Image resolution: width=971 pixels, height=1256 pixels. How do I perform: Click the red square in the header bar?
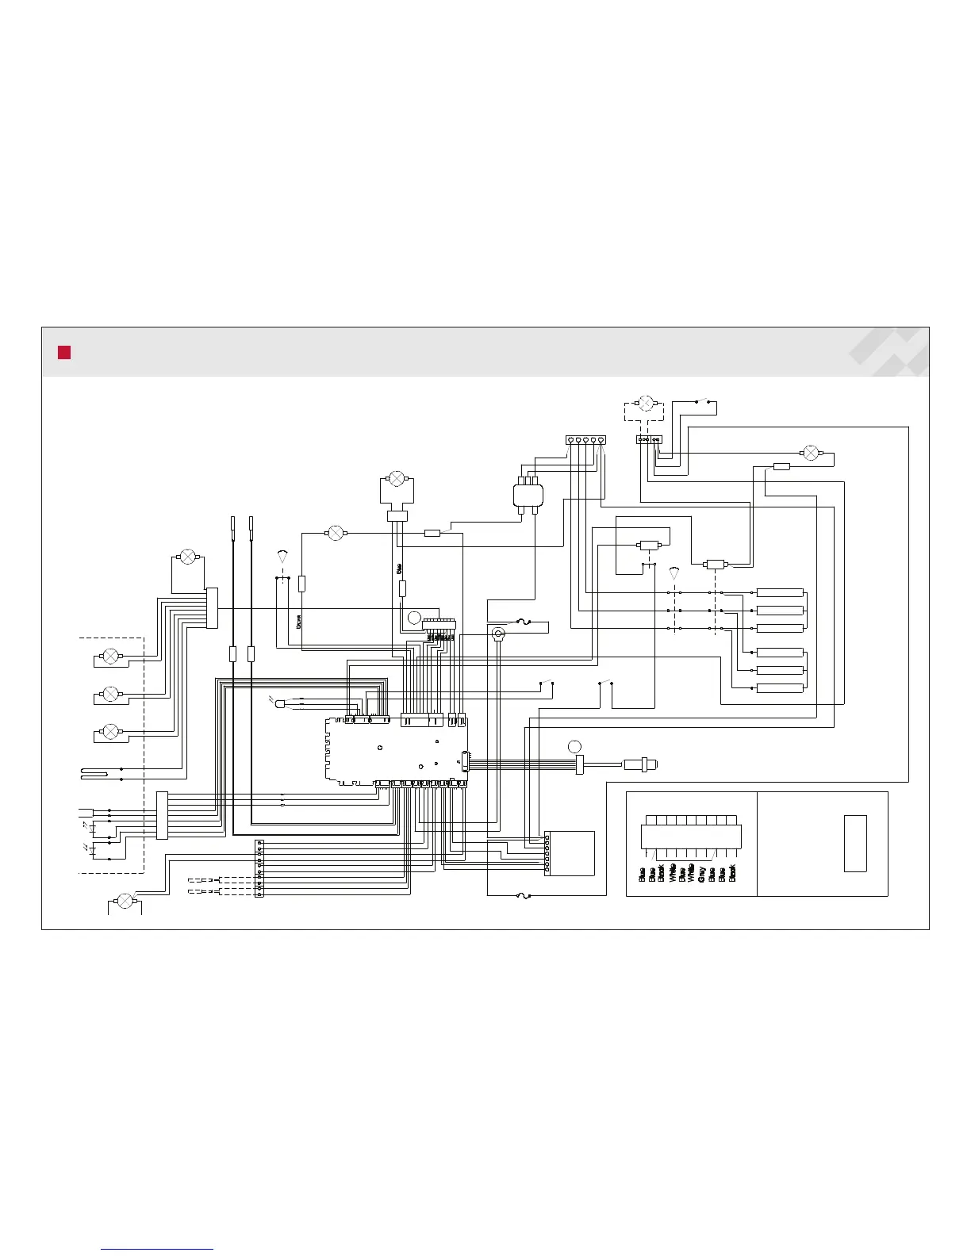pos(64,353)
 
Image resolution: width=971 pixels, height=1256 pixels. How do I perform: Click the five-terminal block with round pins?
pos(585,440)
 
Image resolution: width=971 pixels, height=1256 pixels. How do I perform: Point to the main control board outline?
pos(395,750)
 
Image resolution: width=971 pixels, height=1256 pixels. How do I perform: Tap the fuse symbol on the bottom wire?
pos(523,896)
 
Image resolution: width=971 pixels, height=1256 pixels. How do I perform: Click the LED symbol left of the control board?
pos(279,703)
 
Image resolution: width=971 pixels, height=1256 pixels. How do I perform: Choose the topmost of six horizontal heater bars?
pos(780,592)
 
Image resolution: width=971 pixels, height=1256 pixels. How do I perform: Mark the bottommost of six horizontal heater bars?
pos(780,688)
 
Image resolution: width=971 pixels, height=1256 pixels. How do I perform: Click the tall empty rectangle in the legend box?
pos(854,843)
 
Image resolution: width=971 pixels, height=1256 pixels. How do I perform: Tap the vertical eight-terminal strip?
pos(259,868)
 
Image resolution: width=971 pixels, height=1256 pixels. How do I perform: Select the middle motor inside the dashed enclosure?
pos(111,694)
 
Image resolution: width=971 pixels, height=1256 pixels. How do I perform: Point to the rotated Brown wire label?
pos(298,622)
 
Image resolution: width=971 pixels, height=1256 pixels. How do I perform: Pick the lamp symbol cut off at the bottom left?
pos(125,900)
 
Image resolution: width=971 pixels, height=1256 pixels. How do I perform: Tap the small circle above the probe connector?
pos(574,746)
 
